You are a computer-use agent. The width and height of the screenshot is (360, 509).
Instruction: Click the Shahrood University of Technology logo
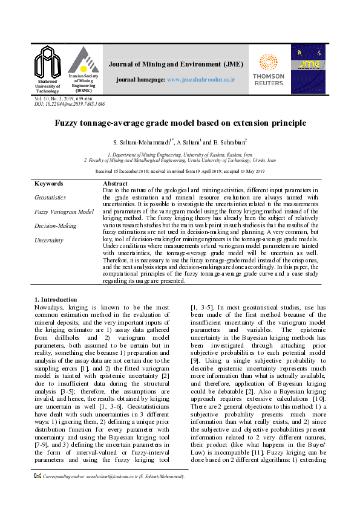(x=48, y=61)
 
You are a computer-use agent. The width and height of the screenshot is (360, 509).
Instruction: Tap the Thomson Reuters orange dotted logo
(x=268, y=62)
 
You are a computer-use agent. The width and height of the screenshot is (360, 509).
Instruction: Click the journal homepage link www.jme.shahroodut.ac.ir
(x=200, y=80)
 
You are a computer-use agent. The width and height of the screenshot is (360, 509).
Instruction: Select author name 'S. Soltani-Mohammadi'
(x=143, y=142)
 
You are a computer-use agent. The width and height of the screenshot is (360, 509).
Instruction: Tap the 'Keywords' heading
(x=49, y=183)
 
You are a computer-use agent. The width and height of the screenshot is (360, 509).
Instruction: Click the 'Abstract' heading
(x=116, y=183)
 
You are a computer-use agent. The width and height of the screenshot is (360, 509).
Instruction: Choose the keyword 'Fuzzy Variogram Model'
(x=64, y=212)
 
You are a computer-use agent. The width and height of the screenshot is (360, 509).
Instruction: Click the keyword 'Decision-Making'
(x=56, y=225)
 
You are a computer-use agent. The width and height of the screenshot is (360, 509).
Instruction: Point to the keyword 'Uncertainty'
(x=49, y=240)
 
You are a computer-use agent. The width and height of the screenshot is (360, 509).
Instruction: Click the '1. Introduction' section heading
(x=56, y=299)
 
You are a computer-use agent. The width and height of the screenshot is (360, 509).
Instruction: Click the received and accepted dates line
(x=180, y=172)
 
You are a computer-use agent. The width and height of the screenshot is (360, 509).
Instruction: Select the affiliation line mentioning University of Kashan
(x=180, y=155)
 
